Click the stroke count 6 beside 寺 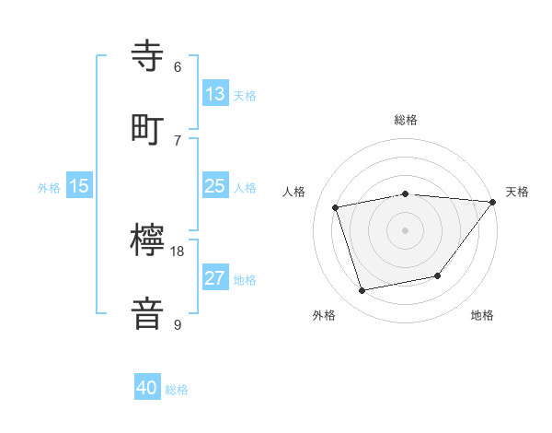click(x=178, y=66)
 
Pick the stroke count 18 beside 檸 click(x=178, y=251)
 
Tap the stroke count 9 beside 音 click(x=178, y=324)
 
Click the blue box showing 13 click(x=214, y=94)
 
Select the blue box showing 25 click(x=214, y=186)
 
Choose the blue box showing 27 click(x=214, y=278)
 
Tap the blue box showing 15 click(x=79, y=186)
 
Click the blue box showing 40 click(x=147, y=389)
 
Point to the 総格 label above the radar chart click(x=406, y=120)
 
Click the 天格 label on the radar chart click(x=517, y=192)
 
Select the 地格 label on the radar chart click(x=482, y=315)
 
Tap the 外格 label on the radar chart click(x=324, y=315)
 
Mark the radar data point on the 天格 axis click(x=492, y=202)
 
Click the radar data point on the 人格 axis click(x=336, y=207)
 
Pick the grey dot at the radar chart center click(x=406, y=229)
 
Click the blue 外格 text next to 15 click(x=49, y=187)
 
